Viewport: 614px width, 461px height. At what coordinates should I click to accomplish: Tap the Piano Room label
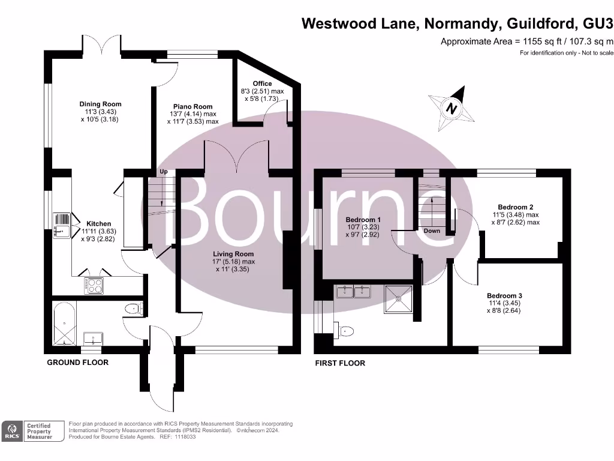pyautogui.click(x=192, y=106)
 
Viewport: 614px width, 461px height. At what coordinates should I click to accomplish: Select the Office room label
pyautogui.click(x=262, y=83)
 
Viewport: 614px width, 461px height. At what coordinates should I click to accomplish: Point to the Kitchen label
pyautogui.click(x=98, y=224)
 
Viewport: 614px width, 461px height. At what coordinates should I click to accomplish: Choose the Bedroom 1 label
pyautogui.click(x=363, y=219)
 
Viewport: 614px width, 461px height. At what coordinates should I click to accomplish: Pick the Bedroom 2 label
pyautogui.click(x=516, y=207)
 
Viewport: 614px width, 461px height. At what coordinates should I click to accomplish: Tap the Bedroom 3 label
pyautogui.click(x=504, y=296)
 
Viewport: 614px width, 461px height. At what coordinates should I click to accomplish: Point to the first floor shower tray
pyautogui.click(x=399, y=298)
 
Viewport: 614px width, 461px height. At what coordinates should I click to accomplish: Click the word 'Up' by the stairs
pyautogui.click(x=163, y=172)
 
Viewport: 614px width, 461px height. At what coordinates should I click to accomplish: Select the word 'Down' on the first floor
pyautogui.click(x=432, y=230)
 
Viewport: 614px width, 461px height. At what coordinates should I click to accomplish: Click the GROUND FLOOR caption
pyautogui.click(x=78, y=363)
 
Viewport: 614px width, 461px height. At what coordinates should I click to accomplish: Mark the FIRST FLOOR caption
pyautogui.click(x=340, y=363)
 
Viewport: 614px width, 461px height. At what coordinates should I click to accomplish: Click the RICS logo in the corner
pyautogui.click(x=11, y=431)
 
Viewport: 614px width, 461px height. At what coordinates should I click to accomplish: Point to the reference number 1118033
pyautogui.click(x=184, y=437)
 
